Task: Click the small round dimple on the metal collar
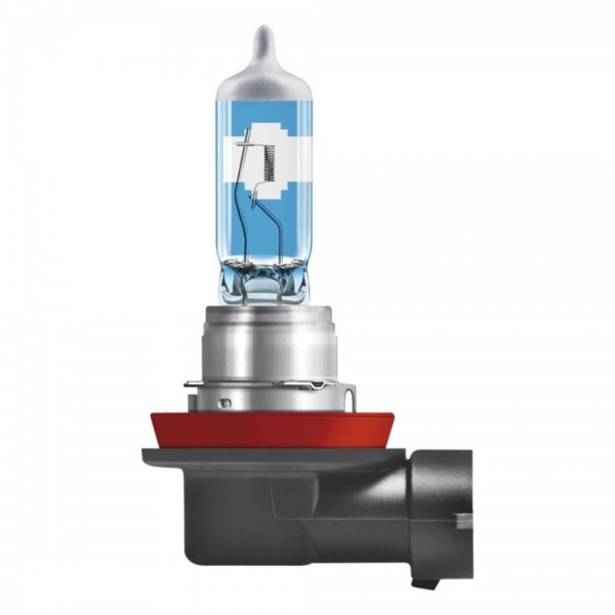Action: pos(226,401)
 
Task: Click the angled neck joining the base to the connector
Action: pos(384,486)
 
